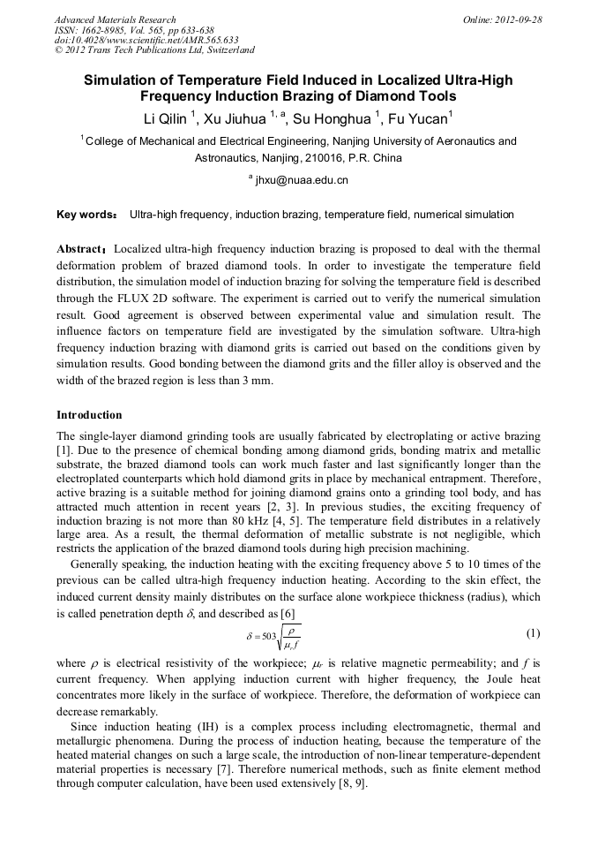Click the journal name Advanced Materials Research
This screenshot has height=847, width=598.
tap(115, 19)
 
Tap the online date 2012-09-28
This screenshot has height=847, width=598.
tap(515, 19)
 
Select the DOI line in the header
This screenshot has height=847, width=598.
tap(146, 40)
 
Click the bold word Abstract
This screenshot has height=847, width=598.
tap(81, 249)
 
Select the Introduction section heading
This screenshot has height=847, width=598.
tap(89, 415)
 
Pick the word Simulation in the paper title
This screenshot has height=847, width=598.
tap(129, 80)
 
